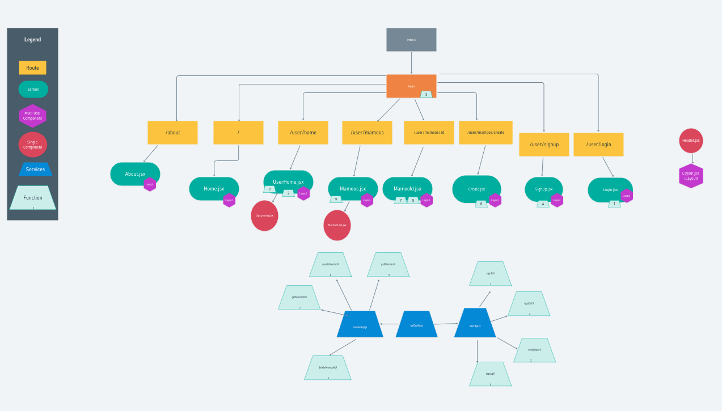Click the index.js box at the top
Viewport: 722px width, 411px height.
click(411, 40)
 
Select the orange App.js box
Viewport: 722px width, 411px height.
click(411, 86)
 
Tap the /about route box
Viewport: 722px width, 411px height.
click(172, 133)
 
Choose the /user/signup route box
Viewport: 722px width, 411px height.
click(544, 145)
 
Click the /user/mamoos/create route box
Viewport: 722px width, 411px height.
click(485, 133)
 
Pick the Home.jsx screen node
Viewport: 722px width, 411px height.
click(214, 189)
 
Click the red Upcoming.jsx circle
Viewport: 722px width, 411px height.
click(264, 215)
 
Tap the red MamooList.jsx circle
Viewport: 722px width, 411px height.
click(337, 225)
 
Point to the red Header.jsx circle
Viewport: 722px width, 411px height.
click(691, 141)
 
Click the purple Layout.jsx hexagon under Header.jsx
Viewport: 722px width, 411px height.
click(691, 176)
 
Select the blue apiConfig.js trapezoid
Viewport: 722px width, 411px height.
click(416, 324)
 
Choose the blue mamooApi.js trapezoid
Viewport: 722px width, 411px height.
click(360, 325)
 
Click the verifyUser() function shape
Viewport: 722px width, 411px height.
click(534, 350)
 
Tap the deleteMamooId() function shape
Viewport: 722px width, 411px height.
click(328, 368)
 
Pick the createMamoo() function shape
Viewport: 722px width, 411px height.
click(330, 265)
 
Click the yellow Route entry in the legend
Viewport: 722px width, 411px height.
click(32, 68)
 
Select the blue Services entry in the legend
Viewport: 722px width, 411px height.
click(35, 170)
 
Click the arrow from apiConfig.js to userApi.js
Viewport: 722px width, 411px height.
click(446, 324)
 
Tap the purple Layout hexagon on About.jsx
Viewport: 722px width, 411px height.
click(150, 184)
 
